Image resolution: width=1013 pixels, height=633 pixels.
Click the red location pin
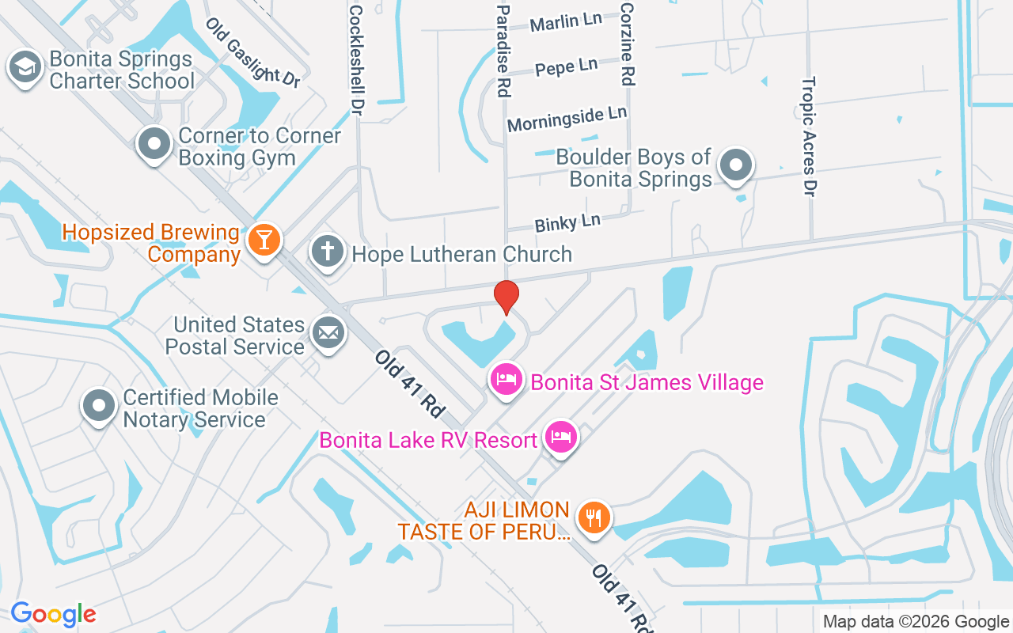506,297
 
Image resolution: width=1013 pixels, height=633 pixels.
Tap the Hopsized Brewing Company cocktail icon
264,240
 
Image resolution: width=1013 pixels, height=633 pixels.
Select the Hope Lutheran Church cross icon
328,252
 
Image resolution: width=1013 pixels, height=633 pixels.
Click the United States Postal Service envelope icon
328,332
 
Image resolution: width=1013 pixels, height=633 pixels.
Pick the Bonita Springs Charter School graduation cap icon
25,67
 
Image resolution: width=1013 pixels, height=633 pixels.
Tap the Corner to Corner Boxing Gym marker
154,145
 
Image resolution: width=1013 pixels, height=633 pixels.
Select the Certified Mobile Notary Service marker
99,406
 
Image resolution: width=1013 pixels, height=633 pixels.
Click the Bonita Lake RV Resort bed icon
561,437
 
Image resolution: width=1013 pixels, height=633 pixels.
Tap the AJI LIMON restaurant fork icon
594,517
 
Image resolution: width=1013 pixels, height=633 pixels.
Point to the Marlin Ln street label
566,22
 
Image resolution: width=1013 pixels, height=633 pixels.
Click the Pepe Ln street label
566,67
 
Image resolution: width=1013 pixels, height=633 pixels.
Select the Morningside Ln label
567,119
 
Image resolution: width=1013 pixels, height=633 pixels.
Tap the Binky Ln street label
567,222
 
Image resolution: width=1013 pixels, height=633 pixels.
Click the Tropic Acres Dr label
809,136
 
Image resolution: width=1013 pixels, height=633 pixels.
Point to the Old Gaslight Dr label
252,52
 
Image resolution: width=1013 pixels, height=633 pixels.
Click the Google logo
53,614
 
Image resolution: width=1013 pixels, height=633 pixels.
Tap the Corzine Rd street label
628,44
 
